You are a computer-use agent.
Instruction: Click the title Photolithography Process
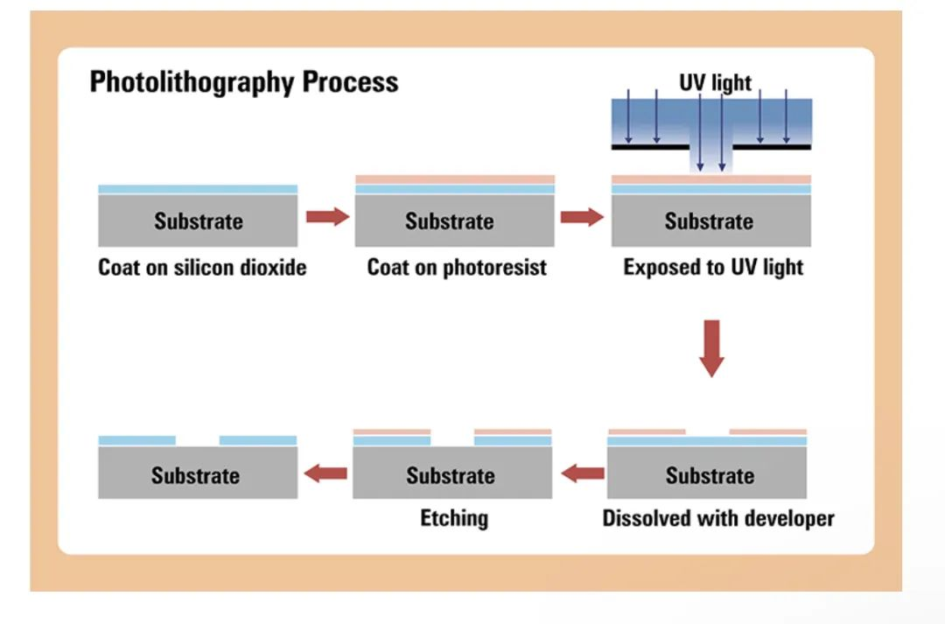pos(243,82)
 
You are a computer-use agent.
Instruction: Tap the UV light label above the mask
pos(715,83)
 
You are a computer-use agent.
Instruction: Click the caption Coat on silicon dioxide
pos(202,267)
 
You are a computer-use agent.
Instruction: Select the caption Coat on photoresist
pos(456,267)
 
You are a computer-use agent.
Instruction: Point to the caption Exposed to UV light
pos(713,267)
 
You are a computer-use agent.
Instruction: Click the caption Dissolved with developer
pos(717,518)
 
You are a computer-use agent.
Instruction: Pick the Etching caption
pos(453,518)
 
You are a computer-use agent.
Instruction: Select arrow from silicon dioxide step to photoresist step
pos(327,217)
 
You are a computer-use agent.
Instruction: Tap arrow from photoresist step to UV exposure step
pos(582,217)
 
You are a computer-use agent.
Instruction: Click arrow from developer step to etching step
pos(583,474)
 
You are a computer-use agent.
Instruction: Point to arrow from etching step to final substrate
pos(325,474)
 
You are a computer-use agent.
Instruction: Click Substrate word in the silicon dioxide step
pos(198,221)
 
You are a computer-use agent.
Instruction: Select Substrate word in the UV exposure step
pos(709,221)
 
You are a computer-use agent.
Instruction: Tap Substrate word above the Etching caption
pos(451,476)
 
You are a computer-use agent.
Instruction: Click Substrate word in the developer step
pos(710,476)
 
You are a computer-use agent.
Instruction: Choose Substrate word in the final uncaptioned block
pos(195,476)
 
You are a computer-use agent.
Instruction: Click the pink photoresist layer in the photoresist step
pos(454,179)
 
